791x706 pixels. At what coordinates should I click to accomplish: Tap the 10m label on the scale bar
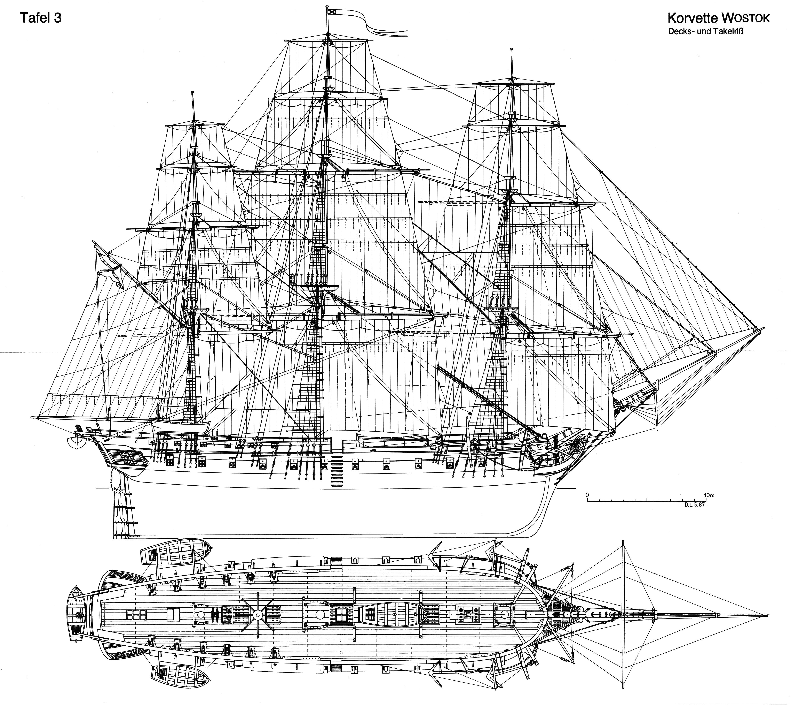click(709, 495)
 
